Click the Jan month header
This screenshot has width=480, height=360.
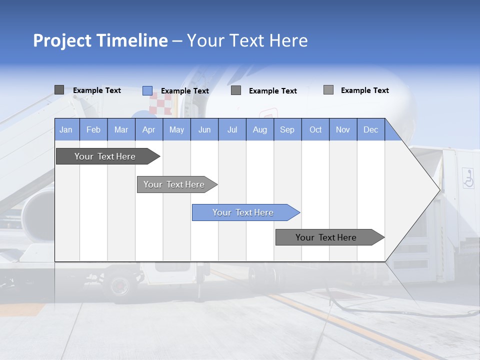coord(66,129)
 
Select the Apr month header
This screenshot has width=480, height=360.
coord(149,129)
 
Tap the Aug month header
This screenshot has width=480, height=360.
coord(260,129)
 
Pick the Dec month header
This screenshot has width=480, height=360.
coord(370,129)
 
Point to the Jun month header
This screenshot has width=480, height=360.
coord(204,129)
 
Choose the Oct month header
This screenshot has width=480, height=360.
coord(315,129)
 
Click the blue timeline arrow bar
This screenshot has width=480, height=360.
coord(245,212)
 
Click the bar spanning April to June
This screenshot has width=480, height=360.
coord(175,184)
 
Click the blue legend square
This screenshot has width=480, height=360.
coord(147,90)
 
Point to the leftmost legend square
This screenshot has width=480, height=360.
coord(59,90)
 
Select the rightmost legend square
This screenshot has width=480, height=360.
coord(328,90)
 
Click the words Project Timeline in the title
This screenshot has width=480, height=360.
coord(100,40)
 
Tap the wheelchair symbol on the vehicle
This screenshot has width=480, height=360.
coord(468,178)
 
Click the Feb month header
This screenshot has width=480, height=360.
coord(93,129)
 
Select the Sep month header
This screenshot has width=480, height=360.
coord(287,129)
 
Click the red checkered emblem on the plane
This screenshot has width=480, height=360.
coord(161,104)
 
